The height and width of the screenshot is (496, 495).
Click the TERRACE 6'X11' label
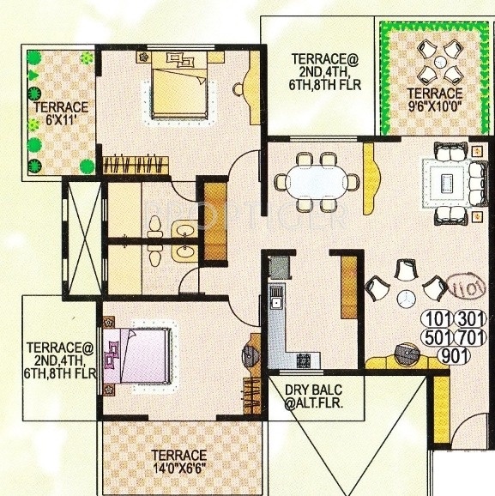click(60, 113)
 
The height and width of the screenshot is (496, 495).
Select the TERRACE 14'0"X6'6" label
click(179, 462)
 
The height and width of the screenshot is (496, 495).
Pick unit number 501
click(436, 336)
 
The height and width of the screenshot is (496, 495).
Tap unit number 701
click(470, 336)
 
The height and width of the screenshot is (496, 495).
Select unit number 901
click(454, 354)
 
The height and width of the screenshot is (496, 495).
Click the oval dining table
click(316, 182)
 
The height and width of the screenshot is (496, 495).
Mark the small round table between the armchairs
click(404, 297)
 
